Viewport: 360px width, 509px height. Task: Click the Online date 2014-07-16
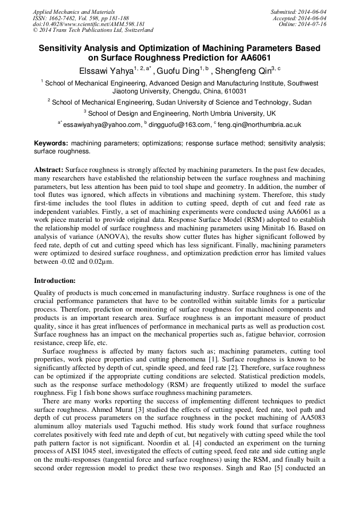click(303, 24)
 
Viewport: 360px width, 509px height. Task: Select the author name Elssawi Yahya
click(107, 70)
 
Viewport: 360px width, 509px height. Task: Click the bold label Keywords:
click(51, 143)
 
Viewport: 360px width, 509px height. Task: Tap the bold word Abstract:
click(49, 169)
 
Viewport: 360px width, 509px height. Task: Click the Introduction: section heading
click(55, 280)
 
